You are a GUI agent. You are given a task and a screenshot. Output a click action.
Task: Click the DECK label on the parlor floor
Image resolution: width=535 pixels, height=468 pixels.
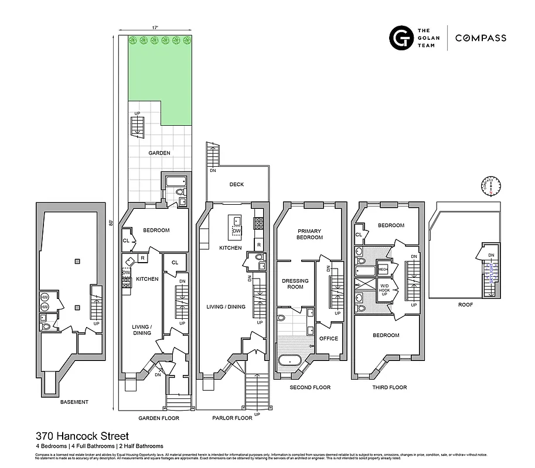[x=237, y=184]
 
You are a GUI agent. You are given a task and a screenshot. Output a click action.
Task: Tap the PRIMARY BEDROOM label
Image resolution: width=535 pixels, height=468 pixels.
[x=310, y=234]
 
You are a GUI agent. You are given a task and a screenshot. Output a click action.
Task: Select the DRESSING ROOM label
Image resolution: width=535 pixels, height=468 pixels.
[x=295, y=284]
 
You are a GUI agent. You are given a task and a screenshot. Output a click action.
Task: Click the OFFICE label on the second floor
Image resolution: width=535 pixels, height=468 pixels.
[x=328, y=338]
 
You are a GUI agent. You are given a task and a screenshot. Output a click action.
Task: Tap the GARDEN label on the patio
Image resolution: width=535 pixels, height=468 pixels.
[x=159, y=153]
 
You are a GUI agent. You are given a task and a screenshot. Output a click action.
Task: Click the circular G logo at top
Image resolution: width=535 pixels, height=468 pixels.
[x=401, y=38]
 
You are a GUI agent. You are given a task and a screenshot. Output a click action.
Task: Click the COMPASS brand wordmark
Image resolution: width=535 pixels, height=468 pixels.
[x=481, y=38]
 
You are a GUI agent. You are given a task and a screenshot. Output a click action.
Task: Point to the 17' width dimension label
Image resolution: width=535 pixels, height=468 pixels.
[x=155, y=27]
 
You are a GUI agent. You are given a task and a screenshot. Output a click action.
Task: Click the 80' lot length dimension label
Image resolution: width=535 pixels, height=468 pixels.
[x=111, y=222]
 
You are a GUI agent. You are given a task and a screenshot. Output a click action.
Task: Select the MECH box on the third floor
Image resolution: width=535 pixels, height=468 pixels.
[x=383, y=269]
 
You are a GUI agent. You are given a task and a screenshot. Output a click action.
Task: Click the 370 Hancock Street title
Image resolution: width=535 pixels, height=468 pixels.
[x=81, y=436]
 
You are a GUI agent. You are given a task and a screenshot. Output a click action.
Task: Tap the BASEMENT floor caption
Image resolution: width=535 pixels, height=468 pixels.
[x=74, y=402]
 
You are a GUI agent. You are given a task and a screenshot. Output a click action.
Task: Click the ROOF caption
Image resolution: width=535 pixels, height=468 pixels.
[x=466, y=305]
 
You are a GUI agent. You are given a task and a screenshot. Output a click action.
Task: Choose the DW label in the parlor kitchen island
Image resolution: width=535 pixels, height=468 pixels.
[x=237, y=231]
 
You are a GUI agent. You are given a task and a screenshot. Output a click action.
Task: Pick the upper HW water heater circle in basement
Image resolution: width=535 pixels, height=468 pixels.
[x=44, y=297]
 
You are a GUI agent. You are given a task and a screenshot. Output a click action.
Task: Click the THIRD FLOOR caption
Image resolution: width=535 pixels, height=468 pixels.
[x=390, y=387]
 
